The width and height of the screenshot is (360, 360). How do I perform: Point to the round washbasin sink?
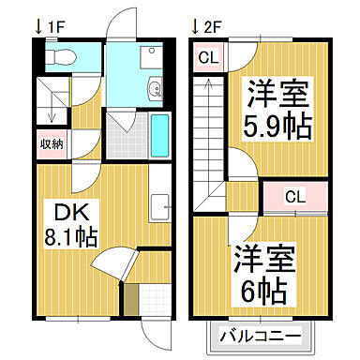coord(154,91)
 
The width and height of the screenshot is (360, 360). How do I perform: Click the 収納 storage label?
coord(52,143)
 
